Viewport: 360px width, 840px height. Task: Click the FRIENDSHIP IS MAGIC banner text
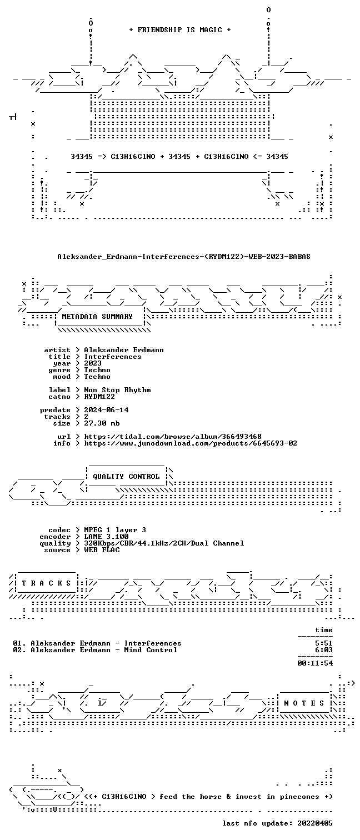180,30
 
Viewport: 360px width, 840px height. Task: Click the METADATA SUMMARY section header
97,317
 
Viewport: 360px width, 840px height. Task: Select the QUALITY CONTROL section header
126,477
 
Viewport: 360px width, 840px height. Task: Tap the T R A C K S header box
46,583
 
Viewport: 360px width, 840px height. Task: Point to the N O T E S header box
304,703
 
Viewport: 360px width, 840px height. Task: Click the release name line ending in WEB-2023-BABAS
184,257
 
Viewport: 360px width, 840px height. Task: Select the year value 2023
93,363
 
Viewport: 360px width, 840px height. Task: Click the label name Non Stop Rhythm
117,390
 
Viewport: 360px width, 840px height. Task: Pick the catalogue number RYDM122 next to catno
99,396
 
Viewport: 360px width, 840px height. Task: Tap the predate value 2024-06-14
106,410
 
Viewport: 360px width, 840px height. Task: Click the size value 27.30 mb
102,423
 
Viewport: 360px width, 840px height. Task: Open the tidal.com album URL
172,437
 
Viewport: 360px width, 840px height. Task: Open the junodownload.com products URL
191,443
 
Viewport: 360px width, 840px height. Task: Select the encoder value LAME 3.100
106,537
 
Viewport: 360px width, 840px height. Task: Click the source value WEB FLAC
102,550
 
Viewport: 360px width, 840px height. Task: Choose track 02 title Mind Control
151,650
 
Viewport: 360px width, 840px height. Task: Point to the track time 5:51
324,643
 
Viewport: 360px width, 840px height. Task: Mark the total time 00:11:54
315,663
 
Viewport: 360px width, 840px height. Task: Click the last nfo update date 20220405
315,823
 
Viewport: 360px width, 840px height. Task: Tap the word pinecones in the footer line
299,797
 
